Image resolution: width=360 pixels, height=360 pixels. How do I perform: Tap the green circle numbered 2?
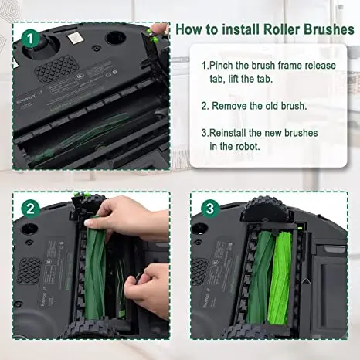(30, 209)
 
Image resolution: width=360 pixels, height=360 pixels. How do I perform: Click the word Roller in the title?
(262, 29)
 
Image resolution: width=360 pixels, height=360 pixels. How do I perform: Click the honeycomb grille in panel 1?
(56, 70)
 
